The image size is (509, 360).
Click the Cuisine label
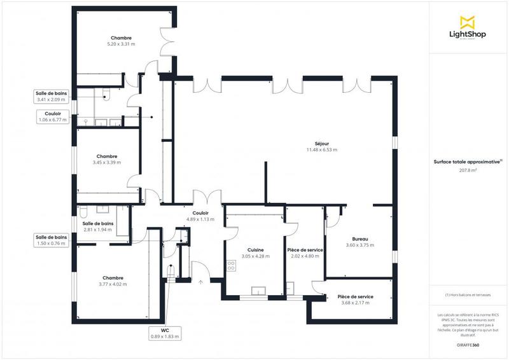coord(256,250)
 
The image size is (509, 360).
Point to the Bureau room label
coord(357,239)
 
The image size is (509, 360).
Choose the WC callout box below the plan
coord(165,333)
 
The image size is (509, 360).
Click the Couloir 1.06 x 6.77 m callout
coord(52,116)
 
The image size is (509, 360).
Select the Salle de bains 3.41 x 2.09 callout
coord(52,96)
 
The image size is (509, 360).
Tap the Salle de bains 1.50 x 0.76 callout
coord(52,240)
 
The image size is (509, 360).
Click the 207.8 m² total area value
coord(468,170)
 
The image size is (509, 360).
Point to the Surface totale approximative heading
coord(468,162)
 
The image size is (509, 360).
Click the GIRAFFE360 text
coord(468,343)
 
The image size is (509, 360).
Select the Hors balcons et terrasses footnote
coord(468,294)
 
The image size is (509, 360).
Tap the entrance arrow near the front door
coord(201,281)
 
